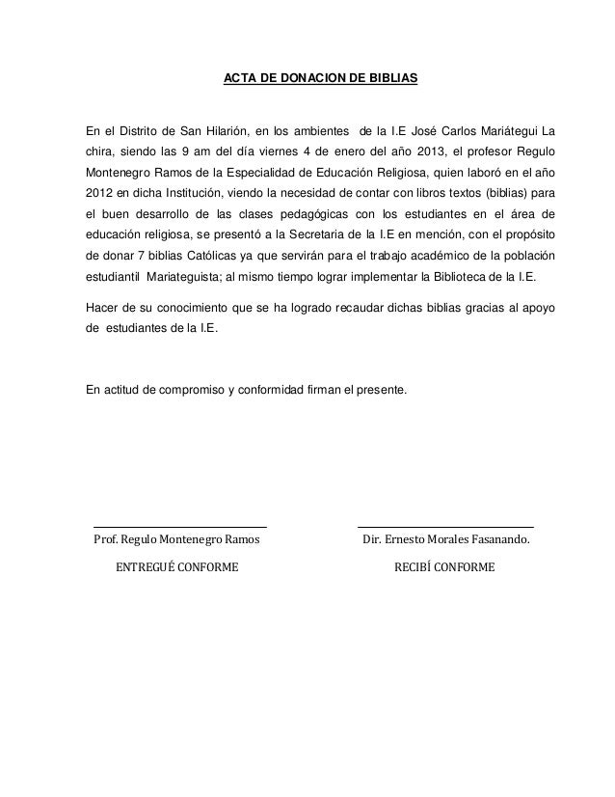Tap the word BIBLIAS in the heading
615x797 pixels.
tap(391, 74)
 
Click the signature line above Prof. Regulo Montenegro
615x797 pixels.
tap(179, 526)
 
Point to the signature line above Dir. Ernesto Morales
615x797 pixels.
tap(445, 526)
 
